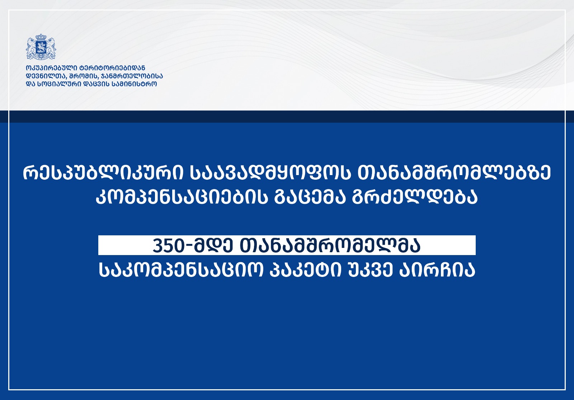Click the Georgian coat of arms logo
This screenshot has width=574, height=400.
pyautogui.click(x=41, y=47)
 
